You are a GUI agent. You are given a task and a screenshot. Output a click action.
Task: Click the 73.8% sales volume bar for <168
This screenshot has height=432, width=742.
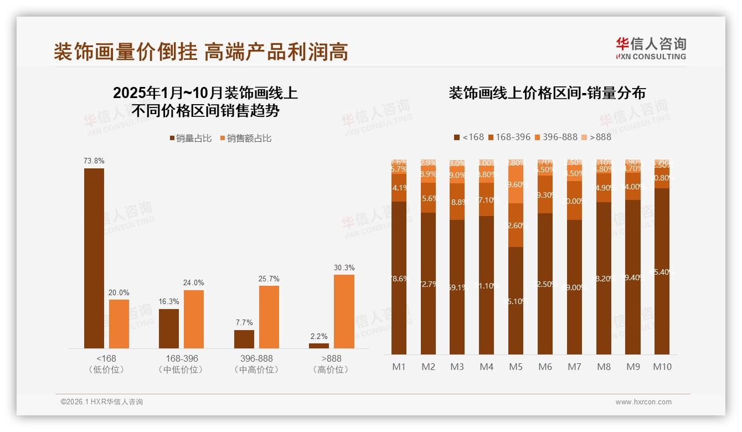coord(94,258)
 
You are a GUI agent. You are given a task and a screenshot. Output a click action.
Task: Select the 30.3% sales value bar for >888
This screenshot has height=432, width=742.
coord(344,311)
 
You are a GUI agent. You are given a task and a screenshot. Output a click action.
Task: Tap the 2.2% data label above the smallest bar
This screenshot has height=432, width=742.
coord(319,336)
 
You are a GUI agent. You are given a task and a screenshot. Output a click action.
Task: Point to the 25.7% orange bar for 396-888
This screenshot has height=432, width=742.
coord(269,317)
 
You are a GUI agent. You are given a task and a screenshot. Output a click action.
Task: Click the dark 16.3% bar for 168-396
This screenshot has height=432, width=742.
coord(169,328)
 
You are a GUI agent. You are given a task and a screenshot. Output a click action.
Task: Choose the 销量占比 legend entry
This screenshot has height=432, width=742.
coord(190,138)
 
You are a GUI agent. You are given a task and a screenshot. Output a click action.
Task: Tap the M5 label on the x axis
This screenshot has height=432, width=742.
coord(516,367)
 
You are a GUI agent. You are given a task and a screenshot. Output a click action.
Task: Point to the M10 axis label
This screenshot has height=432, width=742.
coord(662,367)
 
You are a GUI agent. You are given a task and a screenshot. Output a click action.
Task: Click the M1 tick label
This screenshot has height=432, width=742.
coord(399,367)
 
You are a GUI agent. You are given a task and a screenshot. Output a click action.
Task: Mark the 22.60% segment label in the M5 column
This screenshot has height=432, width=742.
coord(516,225)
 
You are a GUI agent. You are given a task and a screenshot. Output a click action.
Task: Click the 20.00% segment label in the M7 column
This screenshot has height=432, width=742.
coord(575,201)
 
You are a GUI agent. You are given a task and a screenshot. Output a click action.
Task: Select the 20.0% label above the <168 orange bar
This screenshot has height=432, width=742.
coord(119,292)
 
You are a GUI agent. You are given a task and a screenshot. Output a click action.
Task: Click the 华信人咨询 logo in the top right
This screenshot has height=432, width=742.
coord(651,48)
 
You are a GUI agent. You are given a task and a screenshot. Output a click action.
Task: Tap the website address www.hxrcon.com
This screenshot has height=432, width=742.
coord(643,402)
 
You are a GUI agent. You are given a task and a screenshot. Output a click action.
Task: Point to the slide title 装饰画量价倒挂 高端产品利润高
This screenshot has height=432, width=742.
coord(200,52)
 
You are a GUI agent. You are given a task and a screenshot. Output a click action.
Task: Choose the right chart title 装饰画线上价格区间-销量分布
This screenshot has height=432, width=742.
coord(547,93)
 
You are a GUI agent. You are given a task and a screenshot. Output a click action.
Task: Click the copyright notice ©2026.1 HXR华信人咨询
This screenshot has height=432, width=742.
coord(102,402)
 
